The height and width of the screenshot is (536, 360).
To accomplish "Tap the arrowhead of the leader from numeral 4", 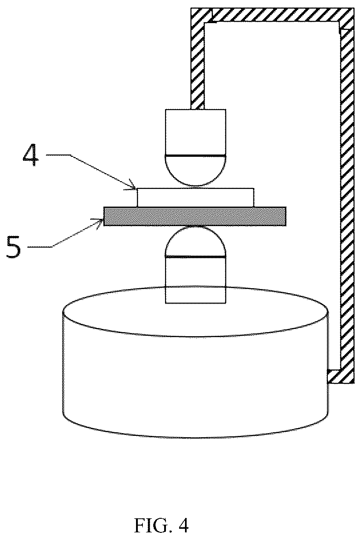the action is pos(133,187).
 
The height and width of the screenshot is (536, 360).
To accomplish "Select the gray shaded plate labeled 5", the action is pos(195,217).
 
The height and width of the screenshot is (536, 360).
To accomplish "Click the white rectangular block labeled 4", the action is pos(195,197).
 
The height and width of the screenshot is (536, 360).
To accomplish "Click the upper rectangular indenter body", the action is pos(195,132).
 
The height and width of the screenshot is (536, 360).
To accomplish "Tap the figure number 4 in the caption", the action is pos(182,525).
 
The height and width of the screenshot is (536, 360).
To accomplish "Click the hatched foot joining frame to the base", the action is pos(339,377).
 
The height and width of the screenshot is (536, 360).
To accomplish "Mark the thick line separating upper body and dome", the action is pos(195,155).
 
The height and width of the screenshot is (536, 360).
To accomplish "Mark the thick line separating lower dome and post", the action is pos(195,256).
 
